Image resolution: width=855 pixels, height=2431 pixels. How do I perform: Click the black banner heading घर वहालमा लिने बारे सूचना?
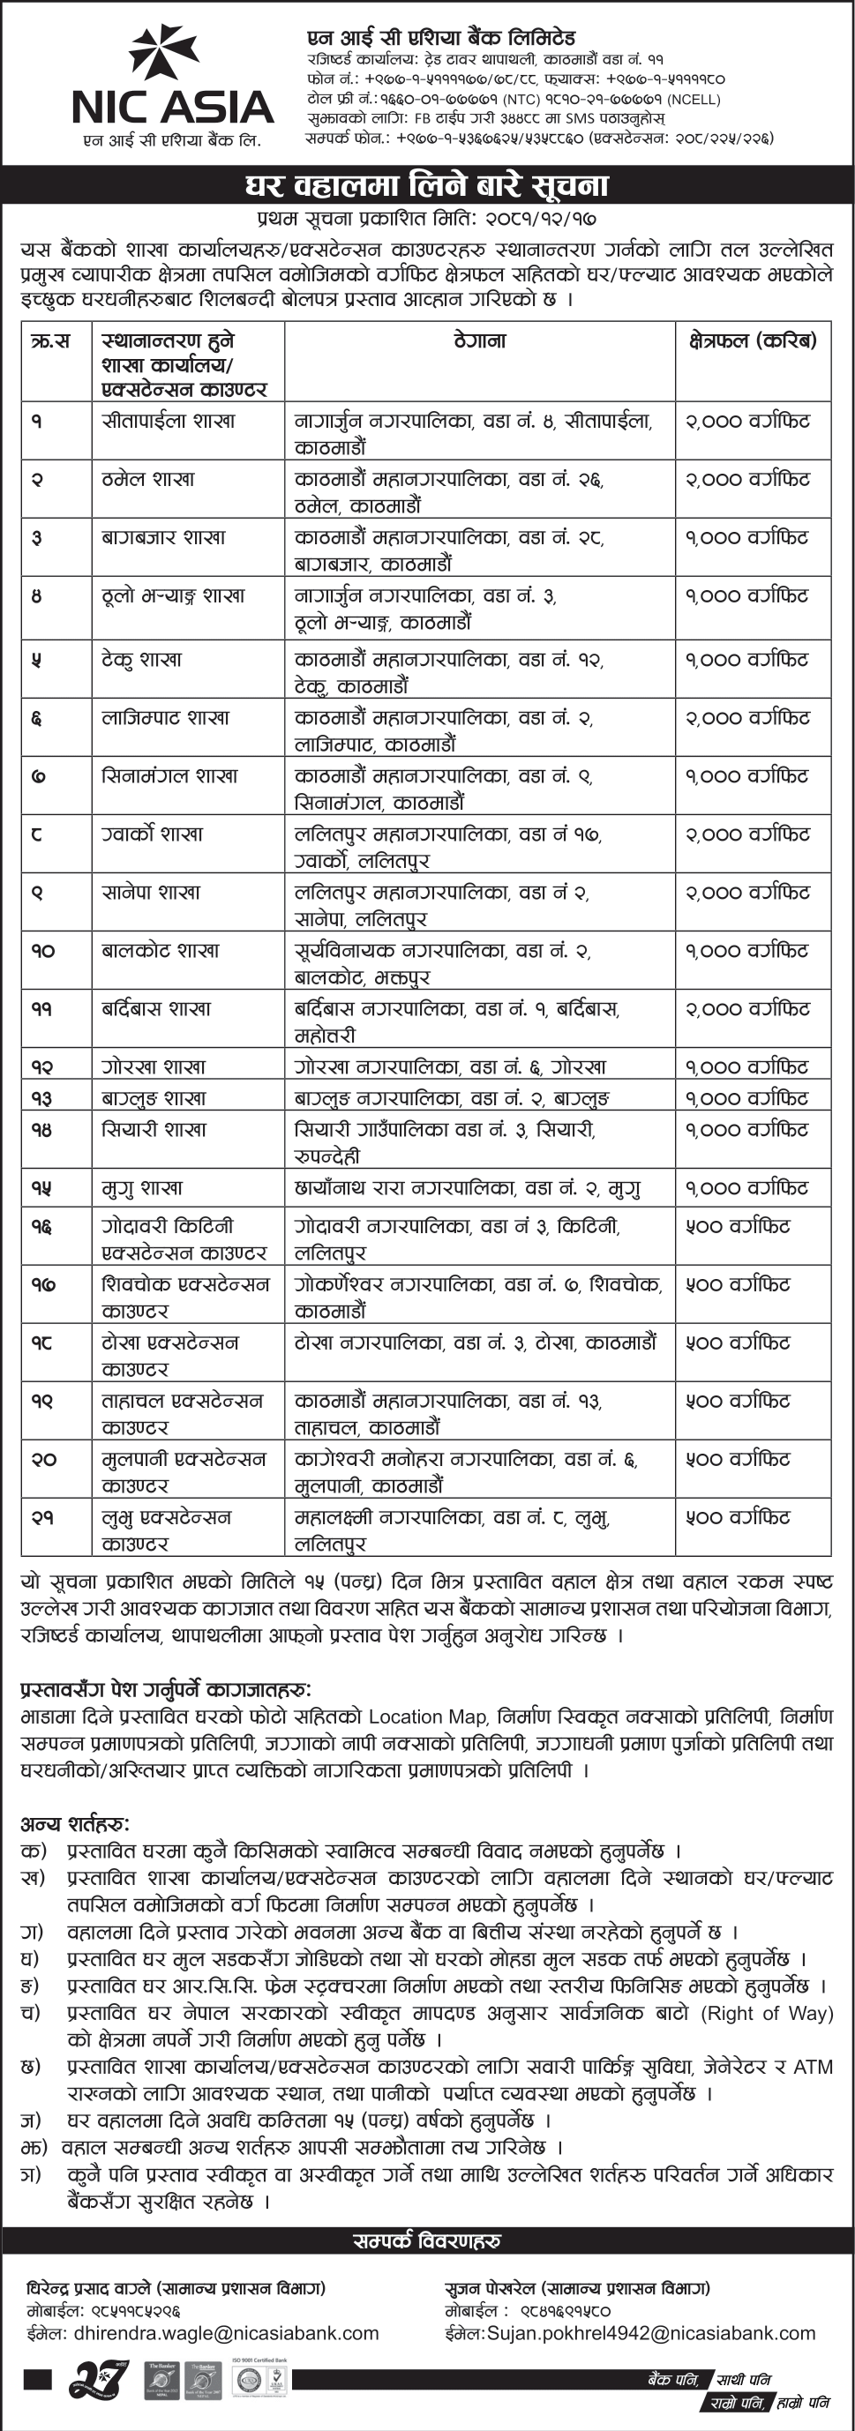coord(426,185)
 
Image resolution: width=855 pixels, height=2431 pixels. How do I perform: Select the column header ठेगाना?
coord(479,340)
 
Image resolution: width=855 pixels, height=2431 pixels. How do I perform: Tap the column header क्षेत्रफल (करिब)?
coord(752,340)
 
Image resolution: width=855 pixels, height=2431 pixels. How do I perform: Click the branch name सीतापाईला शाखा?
coord(168,421)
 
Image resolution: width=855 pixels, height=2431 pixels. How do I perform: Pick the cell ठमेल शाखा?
coord(148,479)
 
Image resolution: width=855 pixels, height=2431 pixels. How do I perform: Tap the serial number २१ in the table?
coord(42,1517)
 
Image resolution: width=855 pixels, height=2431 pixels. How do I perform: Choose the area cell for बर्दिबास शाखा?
coord(747,1009)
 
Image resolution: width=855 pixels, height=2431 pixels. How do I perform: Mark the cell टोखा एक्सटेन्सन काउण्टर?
coord(170,1355)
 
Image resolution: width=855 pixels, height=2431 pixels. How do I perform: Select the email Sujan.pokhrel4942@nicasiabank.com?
coord(651,2333)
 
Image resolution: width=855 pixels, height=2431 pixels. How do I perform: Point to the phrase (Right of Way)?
coord(766,2014)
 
